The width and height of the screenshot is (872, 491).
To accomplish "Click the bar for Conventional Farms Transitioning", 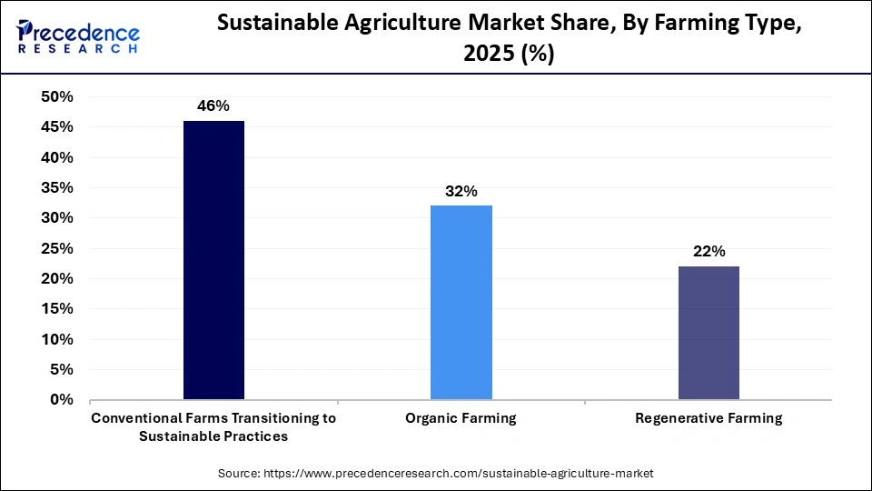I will point(213,260).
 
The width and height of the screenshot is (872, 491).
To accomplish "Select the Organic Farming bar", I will point(461,302).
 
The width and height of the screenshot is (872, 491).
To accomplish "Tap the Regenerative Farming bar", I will point(708,333).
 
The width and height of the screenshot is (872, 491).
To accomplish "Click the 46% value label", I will point(213,106).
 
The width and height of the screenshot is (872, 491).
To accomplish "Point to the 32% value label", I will point(461,191).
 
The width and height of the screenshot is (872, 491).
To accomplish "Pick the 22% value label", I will point(708,252).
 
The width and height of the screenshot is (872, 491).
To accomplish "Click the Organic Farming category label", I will point(461,418).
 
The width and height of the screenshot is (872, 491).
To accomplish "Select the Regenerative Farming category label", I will point(708,418).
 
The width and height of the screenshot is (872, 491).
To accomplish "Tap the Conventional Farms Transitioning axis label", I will point(213,426).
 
